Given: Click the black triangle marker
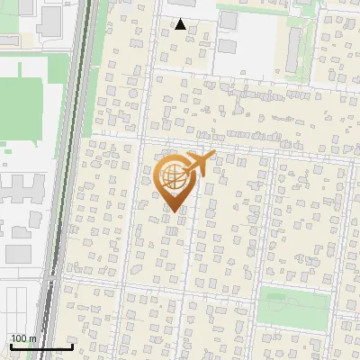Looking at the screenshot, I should tap(181, 24).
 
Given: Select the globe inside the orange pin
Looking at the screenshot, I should tap(175, 177).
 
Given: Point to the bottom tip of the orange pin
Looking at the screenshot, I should tap(175, 212).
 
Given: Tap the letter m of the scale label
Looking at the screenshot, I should tap(33, 338).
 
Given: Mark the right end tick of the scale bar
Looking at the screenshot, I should tap(72, 345).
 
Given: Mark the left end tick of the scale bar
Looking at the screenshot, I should tap(10, 345).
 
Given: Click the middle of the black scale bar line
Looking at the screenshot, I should tap(40, 346).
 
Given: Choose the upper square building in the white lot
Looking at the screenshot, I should tap(229, 20).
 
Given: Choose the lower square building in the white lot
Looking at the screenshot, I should tap(228, 45).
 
